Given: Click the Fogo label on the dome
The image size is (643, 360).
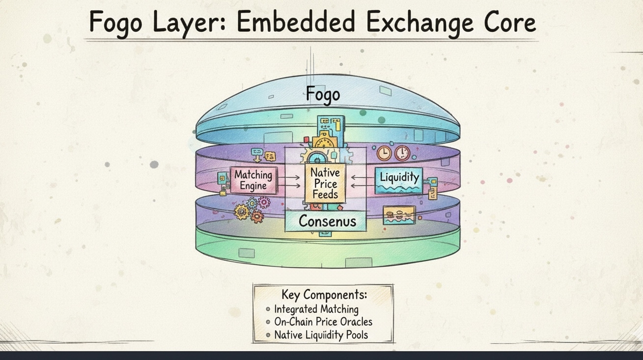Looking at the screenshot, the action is pos(323,93).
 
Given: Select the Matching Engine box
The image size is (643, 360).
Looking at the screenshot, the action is pos(253,180).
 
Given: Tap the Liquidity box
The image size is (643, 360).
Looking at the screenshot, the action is pos(399,180).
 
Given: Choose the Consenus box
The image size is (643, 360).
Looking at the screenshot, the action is pos(327,221).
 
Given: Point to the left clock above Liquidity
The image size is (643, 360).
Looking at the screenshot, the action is pos(384,153).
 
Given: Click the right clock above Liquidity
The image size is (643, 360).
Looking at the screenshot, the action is pos(402,152).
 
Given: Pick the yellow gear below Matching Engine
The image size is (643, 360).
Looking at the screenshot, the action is pos(241,212).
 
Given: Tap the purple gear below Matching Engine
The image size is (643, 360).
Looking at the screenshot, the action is pos(264,202).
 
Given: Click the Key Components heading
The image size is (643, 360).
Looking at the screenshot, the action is pos(324,295).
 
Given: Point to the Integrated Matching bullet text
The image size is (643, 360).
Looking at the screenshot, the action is pos(316,309).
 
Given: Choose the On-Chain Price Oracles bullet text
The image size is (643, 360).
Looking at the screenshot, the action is pos(323,322).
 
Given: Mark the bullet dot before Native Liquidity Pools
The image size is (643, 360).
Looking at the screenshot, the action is pos(268,335).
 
